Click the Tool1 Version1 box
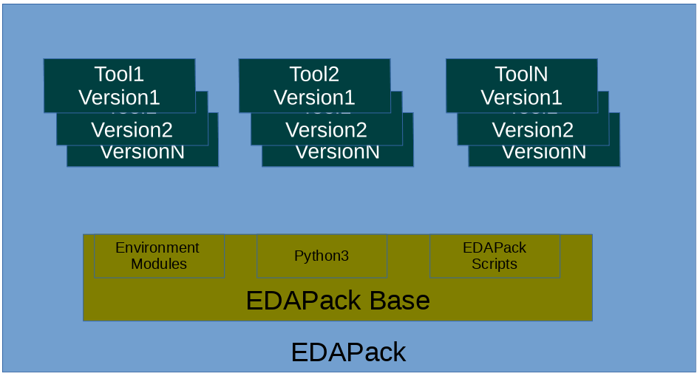point(119,86)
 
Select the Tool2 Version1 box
point(314,86)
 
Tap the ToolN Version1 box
point(521,86)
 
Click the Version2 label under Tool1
point(132,130)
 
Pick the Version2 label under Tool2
point(326,130)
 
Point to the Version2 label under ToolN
point(532,130)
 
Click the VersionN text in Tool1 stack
point(143,153)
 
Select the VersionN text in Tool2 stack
point(338,153)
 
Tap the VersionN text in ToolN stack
point(544,153)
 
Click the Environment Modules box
point(159,256)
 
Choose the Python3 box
point(322,256)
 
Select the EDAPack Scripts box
point(495,256)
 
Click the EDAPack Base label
point(338,301)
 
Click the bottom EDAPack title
point(348,352)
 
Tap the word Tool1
point(119,74)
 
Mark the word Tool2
point(314,74)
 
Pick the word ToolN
point(521,74)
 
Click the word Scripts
point(495,264)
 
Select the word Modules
point(159,264)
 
